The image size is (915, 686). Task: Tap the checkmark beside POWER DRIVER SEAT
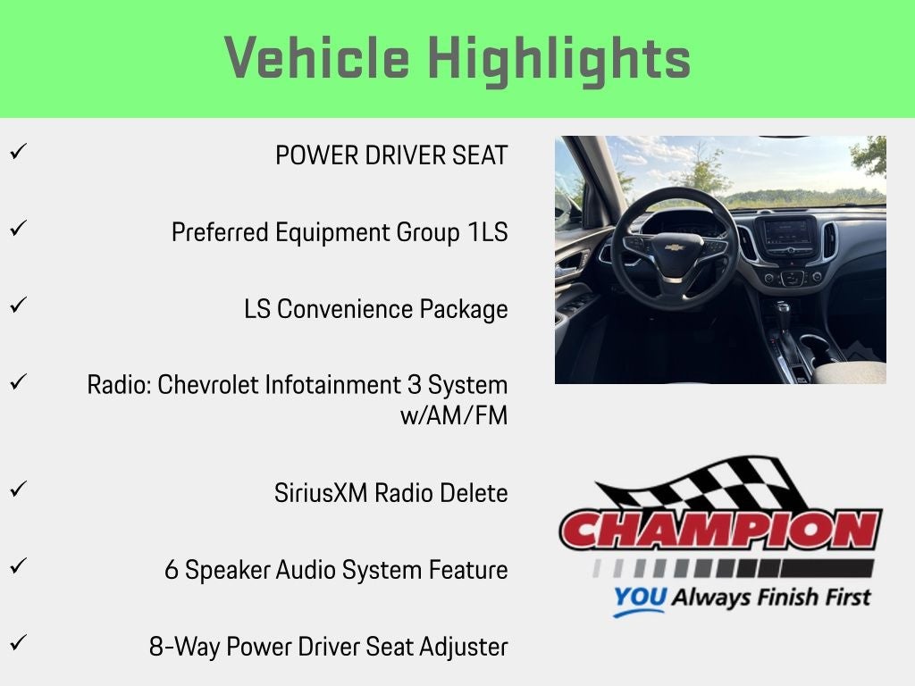pyautogui.click(x=19, y=152)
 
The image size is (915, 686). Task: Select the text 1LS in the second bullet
pyautogui.click(x=488, y=232)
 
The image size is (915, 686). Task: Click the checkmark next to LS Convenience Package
pyautogui.click(x=19, y=305)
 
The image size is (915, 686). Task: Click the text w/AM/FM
pyautogui.click(x=454, y=416)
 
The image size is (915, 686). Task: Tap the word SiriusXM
pyautogui.click(x=321, y=493)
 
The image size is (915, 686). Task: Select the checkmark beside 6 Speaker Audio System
pyautogui.click(x=19, y=565)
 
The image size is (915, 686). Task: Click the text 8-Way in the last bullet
pyautogui.click(x=184, y=647)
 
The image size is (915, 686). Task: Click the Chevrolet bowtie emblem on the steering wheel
pyautogui.click(x=674, y=247)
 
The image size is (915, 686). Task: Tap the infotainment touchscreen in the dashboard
pyautogui.click(x=788, y=232)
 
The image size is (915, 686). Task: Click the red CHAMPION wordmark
pyautogui.click(x=721, y=530)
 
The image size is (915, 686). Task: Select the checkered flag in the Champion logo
pyautogui.click(x=701, y=483)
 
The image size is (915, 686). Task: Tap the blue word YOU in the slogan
pyautogui.click(x=640, y=598)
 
